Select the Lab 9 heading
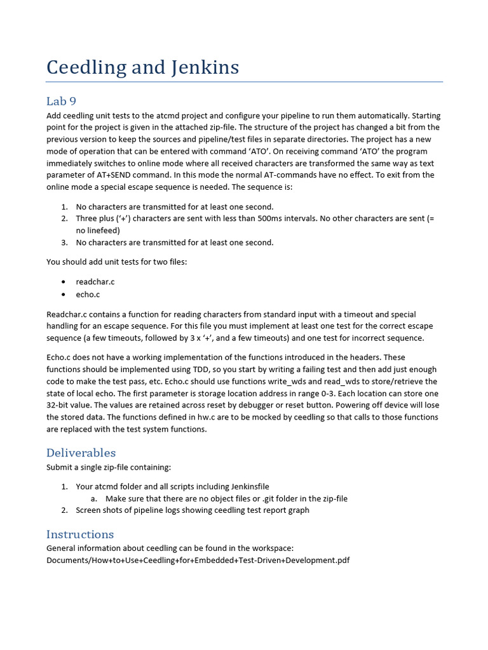(x=61, y=101)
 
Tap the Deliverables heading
(x=81, y=453)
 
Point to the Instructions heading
(x=80, y=534)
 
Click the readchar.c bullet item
(x=95, y=282)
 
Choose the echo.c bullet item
(x=88, y=295)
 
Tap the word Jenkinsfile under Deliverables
(x=247, y=486)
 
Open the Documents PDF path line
(x=198, y=560)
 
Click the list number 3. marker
(x=65, y=242)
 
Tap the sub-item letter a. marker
(x=93, y=498)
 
